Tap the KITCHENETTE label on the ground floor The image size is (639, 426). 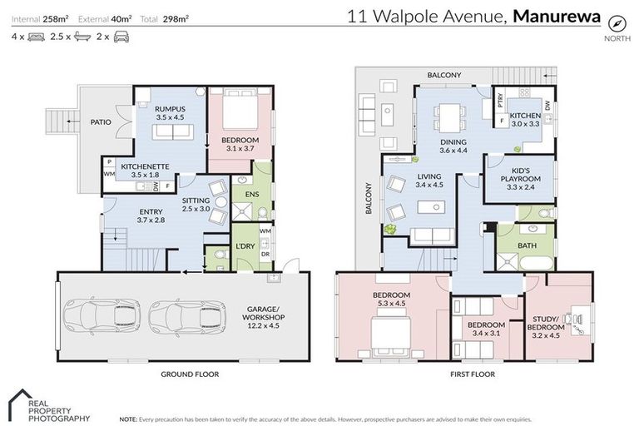[145, 166]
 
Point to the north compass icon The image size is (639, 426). [616, 22]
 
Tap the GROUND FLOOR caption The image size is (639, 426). [190, 374]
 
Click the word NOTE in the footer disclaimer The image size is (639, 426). [128, 419]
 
